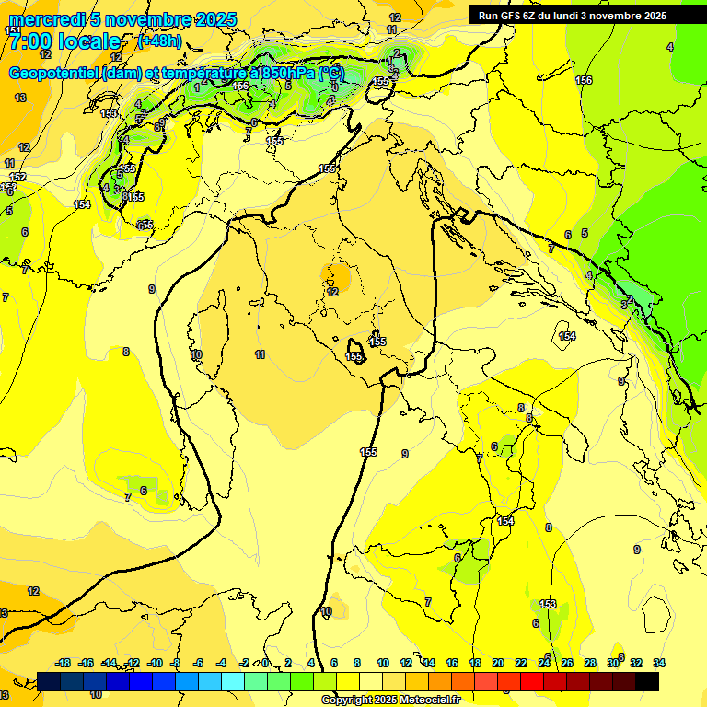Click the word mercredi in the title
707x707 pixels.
[x=41, y=19]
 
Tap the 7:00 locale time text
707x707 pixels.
[x=65, y=41]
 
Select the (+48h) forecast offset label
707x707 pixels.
[x=159, y=41]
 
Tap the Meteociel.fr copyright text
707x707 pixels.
[x=390, y=701]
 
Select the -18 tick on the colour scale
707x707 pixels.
[x=63, y=663]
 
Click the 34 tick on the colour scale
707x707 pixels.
[x=658, y=663]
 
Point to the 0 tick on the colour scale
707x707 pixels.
[x=265, y=663]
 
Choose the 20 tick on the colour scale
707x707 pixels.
[x=498, y=663]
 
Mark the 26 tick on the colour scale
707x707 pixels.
[x=567, y=663]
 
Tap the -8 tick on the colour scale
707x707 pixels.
[x=175, y=663]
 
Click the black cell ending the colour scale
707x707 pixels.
[x=647, y=681]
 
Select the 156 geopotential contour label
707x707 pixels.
[x=584, y=81]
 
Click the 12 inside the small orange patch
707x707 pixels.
[x=332, y=292]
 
